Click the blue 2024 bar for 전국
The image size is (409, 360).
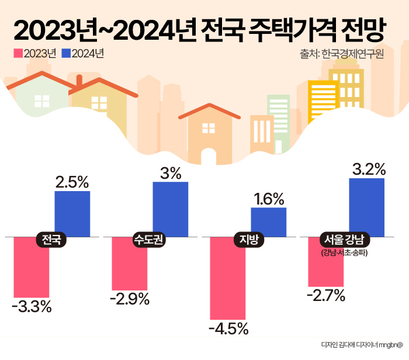click(x=72, y=213)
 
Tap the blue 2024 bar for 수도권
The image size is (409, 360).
click(x=171, y=209)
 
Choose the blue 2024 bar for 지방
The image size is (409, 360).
click(x=269, y=221)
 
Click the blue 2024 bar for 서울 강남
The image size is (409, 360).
click(x=367, y=207)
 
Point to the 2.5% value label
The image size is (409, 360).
click(x=72, y=182)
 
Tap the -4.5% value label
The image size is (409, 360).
click(x=228, y=328)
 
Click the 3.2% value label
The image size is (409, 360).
click(x=369, y=169)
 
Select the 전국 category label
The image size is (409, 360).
click(x=51, y=239)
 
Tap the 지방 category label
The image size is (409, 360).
click(x=249, y=239)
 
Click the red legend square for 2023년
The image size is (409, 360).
click(x=18, y=54)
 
